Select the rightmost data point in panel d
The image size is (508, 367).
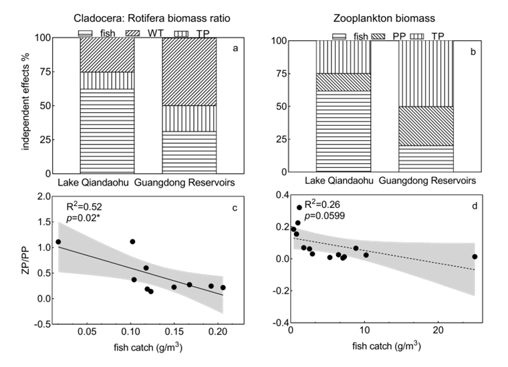pos(475,257)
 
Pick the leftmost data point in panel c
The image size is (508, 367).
pos(58,242)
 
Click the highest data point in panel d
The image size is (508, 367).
pos(299,207)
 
